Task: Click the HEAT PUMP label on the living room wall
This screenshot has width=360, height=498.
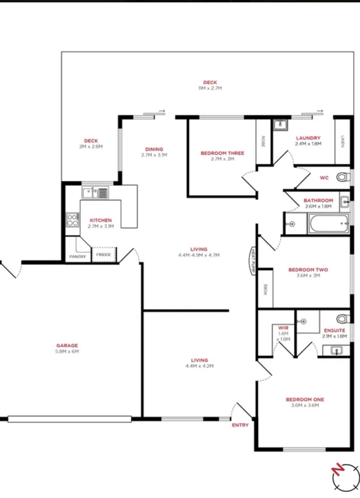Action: pyautogui.click(x=253, y=261)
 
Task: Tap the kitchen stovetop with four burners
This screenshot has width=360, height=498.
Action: pyautogui.click(x=73, y=220)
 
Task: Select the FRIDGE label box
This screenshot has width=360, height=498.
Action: pyautogui.click(x=104, y=254)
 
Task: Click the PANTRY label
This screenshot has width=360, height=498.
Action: pyautogui.click(x=78, y=257)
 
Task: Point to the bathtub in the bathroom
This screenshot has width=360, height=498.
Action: pyautogui.click(x=328, y=223)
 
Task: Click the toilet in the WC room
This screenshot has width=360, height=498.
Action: pyautogui.click(x=343, y=177)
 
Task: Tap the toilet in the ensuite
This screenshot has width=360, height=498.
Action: pyautogui.click(x=343, y=318)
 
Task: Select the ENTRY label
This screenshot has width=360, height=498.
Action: pyautogui.click(x=240, y=425)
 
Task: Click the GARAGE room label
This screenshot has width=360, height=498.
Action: pyautogui.click(x=67, y=345)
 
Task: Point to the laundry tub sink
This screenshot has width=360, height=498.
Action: pyautogui.click(x=281, y=125)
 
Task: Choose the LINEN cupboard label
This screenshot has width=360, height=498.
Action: pyautogui.click(x=343, y=141)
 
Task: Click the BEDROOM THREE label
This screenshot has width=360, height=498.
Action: pyautogui.click(x=222, y=153)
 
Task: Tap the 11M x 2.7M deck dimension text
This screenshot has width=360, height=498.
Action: pyautogui.click(x=210, y=88)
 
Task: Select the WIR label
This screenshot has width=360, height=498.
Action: pyautogui.click(x=283, y=328)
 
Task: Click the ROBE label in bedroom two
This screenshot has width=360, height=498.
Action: pyautogui.click(x=266, y=289)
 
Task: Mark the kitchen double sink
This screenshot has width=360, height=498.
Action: pyautogui.click(x=95, y=193)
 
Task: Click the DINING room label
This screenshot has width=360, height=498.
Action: pyautogui.click(x=154, y=149)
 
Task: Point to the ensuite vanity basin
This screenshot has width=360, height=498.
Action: pyautogui.click(x=336, y=350)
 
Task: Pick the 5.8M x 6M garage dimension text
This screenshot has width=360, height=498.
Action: pyautogui.click(x=67, y=351)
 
